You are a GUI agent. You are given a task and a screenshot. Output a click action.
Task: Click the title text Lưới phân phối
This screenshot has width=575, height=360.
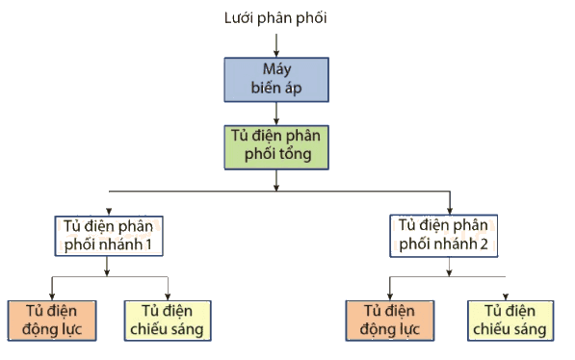point(275,18)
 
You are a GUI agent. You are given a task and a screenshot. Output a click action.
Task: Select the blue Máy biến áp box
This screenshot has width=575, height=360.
point(276,80)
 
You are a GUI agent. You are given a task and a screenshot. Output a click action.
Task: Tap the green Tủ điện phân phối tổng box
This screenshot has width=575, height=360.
point(276,147)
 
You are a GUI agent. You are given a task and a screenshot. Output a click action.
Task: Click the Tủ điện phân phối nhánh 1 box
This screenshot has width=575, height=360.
point(109,236)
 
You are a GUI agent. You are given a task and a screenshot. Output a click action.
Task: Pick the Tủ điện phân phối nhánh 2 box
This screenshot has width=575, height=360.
point(444,236)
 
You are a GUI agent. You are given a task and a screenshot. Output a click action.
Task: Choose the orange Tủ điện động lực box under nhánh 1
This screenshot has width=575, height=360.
point(52,321)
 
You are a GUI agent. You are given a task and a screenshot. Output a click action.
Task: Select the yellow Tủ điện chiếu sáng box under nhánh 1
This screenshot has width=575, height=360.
point(168,321)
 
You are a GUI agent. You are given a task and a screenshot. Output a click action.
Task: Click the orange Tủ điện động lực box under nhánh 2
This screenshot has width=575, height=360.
point(390,321)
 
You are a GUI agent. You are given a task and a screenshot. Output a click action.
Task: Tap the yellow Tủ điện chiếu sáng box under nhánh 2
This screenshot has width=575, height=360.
point(510,321)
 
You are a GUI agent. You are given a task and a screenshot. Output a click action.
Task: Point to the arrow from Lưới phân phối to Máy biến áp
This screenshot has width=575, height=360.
point(276,45)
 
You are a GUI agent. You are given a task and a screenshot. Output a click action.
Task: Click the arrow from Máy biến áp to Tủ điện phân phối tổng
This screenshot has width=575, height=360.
point(276,114)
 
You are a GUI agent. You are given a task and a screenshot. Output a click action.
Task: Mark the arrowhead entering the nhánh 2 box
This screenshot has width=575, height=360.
point(450,210)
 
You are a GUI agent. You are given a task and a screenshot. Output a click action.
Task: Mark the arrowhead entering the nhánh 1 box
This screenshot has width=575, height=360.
point(109,212)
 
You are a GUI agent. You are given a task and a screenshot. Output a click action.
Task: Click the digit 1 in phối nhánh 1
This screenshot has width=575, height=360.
point(148,244)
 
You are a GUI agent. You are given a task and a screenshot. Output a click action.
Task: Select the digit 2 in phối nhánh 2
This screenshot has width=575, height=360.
point(484,244)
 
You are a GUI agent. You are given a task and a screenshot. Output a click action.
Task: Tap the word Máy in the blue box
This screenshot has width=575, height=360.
point(276,69)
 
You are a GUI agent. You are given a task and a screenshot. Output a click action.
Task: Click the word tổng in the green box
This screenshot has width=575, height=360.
point(293,154)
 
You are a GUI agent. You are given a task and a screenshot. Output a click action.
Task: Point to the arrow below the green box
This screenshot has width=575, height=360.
point(276,180)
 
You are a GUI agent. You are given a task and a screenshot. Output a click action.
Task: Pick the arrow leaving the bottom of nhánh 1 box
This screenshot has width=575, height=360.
point(107,267)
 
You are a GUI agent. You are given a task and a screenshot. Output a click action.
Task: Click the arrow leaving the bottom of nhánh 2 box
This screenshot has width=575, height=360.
point(449,267)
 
